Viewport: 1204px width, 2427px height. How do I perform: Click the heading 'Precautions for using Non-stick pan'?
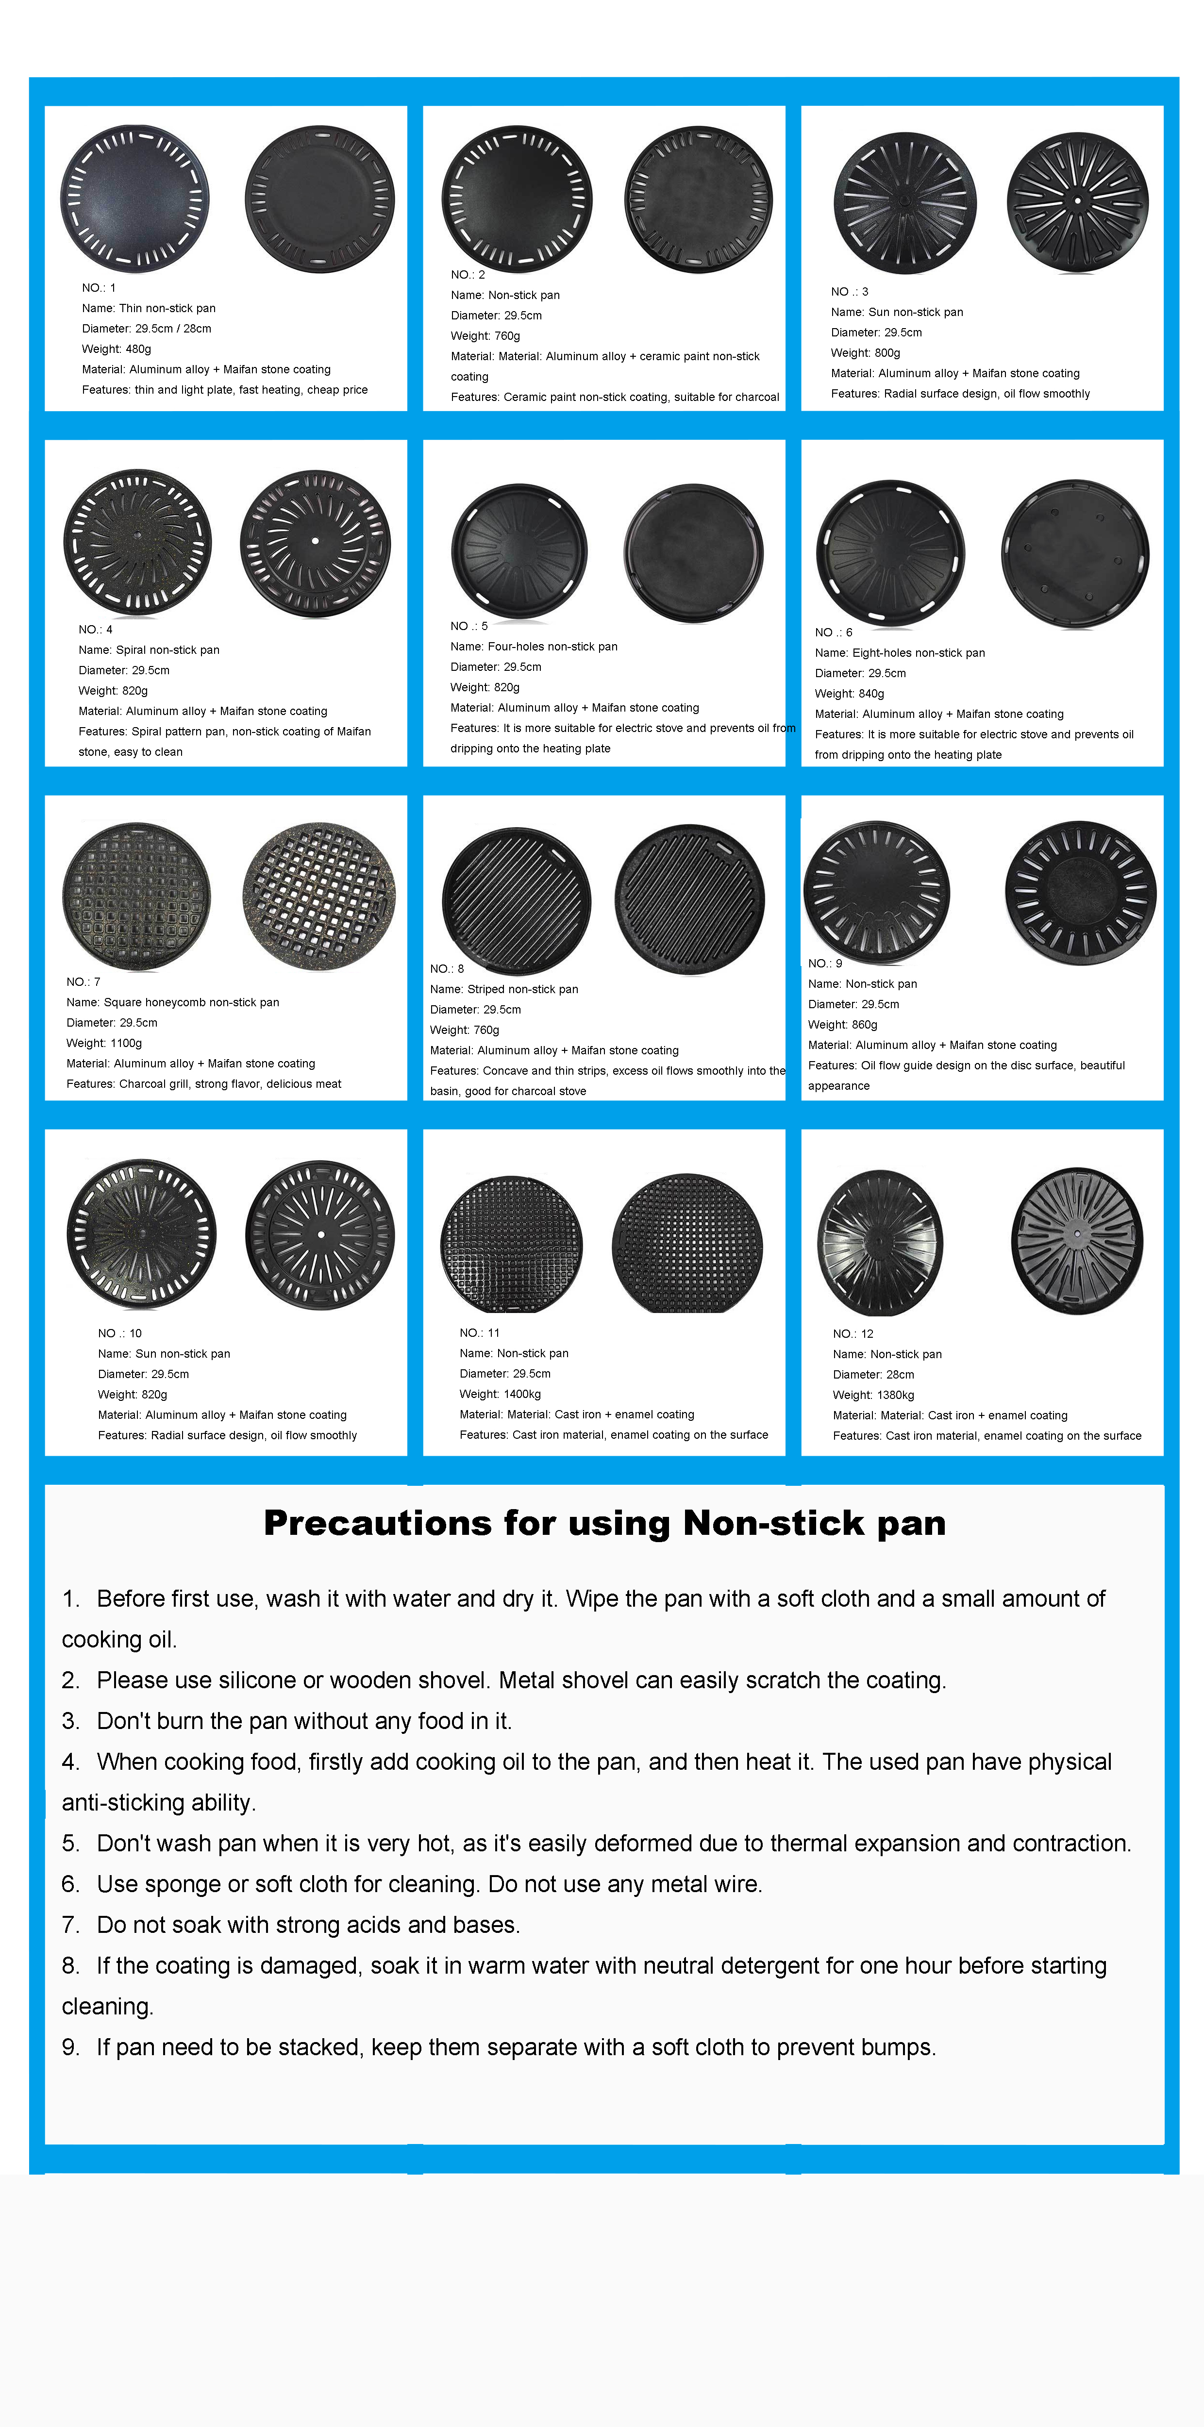point(604,1524)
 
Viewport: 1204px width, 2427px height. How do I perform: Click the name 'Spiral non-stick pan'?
point(149,650)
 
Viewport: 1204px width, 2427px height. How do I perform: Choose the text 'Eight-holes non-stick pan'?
point(900,653)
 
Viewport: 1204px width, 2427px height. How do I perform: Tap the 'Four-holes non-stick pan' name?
point(533,647)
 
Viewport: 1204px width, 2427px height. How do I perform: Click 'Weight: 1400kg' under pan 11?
point(500,1395)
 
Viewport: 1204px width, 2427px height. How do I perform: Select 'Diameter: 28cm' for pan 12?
point(873,1375)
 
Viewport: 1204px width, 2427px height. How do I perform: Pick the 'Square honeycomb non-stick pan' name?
point(172,1002)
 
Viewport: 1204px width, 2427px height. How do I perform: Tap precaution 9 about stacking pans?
point(499,2047)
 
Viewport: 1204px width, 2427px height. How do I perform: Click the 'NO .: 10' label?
point(119,1333)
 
